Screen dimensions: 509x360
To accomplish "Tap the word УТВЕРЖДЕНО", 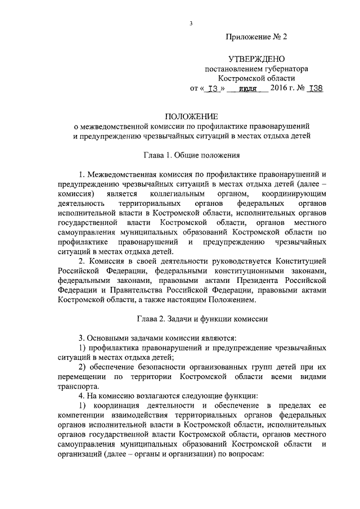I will pos(256,59).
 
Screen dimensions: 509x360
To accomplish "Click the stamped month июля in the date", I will pos(247,89).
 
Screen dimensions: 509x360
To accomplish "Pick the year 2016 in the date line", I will pos(280,88).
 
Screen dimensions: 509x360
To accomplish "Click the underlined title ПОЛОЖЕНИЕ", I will pos(191,116).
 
